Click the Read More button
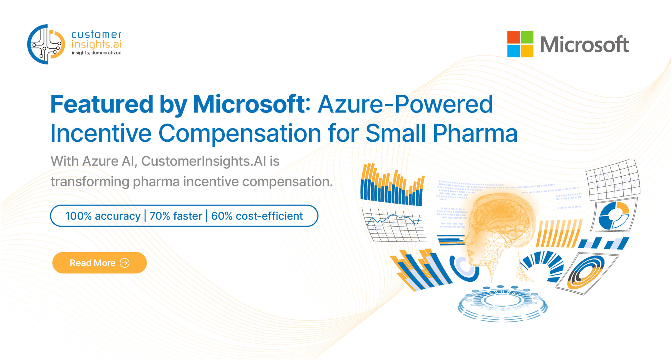[x=99, y=263]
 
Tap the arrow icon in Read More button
[x=125, y=263]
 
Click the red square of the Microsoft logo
[x=513, y=37]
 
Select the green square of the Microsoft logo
[x=527, y=37]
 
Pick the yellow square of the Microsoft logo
[x=527, y=51]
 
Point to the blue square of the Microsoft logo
[x=513, y=51]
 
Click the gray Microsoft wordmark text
[x=584, y=44]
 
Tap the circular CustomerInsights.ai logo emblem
[x=46, y=44]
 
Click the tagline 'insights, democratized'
[x=96, y=53]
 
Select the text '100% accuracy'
[x=103, y=216]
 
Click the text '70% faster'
[x=176, y=216]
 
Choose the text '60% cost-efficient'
[x=257, y=216]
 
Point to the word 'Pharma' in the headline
[x=475, y=133]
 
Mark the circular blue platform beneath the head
[x=503, y=304]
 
